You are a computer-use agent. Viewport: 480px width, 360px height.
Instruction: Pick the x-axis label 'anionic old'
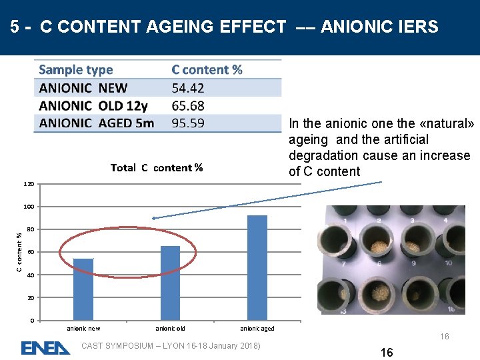(x=170, y=329)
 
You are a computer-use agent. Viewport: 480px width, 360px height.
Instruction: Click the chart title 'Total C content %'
(x=157, y=167)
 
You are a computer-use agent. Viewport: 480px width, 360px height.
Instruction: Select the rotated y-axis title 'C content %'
(x=19, y=250)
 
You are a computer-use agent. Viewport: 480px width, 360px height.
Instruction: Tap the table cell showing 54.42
(x=188, y=88)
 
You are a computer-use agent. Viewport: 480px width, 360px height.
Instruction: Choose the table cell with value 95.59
(x=188, y=123)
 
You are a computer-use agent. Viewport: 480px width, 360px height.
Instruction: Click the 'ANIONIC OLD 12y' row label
(x=94, y=105)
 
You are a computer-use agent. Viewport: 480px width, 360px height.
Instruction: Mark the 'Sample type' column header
(x=76, y=70)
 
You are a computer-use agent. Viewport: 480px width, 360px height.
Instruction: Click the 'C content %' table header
(x=207, y=70)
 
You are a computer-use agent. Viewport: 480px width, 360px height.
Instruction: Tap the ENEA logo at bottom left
(x=45, y=348)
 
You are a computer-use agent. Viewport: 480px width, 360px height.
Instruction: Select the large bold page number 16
(x=387, y=353)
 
